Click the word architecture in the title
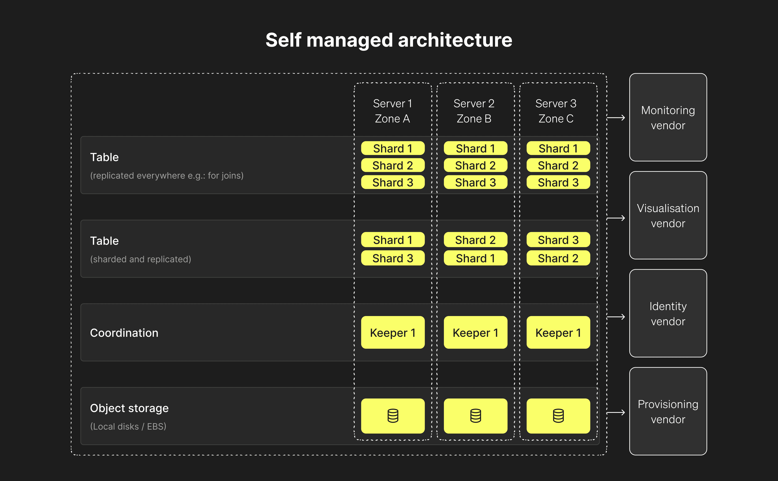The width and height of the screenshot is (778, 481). tap(455, 40)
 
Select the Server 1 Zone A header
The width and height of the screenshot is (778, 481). tap(393, 111)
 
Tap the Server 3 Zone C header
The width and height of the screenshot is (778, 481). tap(556, 111)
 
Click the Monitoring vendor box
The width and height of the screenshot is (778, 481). tap(668, 117)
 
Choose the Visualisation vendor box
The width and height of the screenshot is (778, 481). tap(668, 215)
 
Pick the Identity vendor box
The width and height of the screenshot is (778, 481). tap(668, 313)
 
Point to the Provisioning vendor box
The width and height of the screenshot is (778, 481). tap(668, 411)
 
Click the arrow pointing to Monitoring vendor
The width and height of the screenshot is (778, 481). tap(616, 118)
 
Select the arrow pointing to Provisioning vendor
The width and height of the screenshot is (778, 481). tap(616, 413)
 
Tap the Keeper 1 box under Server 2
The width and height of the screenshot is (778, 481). tap(475, 332)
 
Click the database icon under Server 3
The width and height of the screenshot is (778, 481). tap(558, 416)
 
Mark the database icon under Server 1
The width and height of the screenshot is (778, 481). tap(393, 416)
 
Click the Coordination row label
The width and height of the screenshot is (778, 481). tap(124, 333)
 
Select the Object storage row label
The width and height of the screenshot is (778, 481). tap(129, 408)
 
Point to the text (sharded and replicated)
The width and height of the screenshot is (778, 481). tap(141, 259)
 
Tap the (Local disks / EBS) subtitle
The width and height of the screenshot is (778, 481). tap(128, 426)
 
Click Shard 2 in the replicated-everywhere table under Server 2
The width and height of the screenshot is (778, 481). tap(475, 165)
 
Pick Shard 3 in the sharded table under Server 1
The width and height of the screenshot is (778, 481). tap(393, 258)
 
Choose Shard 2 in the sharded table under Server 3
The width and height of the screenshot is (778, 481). tap(558, 258)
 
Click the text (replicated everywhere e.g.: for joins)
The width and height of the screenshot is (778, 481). tap(167, 176)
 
